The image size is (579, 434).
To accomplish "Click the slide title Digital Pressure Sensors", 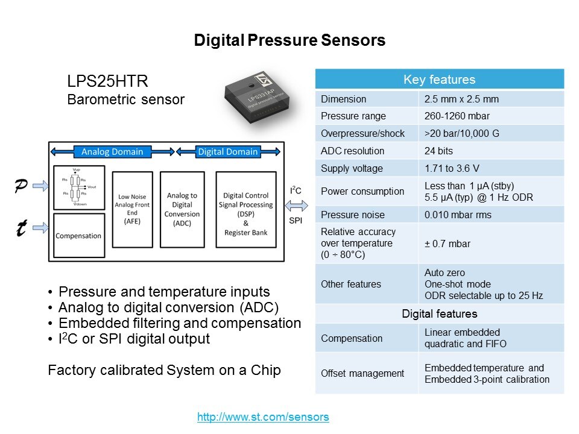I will [x=289, y=40].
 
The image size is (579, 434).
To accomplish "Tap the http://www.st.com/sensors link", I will [x=263, y=417].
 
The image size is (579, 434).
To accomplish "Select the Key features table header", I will [x=439, y=80].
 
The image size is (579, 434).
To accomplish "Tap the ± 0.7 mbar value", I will [x=448, y=244].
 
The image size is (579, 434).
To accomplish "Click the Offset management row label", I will [x=362, y=373].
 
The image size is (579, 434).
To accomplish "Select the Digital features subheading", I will [x=439, y=313].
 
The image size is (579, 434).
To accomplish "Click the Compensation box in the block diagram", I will [x=78, y=236].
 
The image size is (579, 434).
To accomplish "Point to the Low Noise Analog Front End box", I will [x=132, y=209].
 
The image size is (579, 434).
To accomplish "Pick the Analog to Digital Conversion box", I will [x=182, y=209].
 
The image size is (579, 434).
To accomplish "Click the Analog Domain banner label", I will [x=112, y=151].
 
